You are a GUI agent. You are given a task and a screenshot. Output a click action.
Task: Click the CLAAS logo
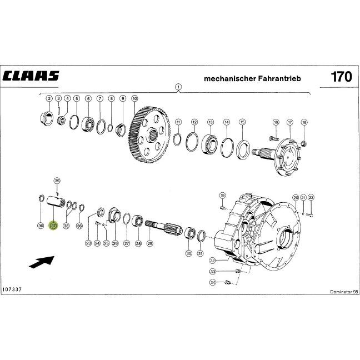pyautogui.click(x=31, y=76)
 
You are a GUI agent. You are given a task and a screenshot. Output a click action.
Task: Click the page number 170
pyautogui.click(x=341, y=77)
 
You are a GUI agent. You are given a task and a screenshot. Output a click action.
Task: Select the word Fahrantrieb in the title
pyautogui.click(x=279, y=78)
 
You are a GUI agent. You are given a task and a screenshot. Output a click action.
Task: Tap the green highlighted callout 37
pyautogui.click(x=53, y=226)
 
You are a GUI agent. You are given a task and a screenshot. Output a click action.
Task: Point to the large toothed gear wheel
pyautogui.click(x=149, y=134)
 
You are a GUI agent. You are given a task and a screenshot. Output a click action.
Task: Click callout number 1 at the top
pyautogui.click(x=178, y=87)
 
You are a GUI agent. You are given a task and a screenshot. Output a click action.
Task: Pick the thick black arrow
pyautogui.click(x=42, y=262)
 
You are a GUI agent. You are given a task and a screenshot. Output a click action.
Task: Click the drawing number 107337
pyautogui.click(x=12, y=289)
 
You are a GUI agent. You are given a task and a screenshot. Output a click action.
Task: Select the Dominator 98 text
pyautogui.click(x=344, y=292)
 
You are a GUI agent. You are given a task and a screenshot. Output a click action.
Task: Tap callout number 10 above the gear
pyautogui.click(x=134, y=98)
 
